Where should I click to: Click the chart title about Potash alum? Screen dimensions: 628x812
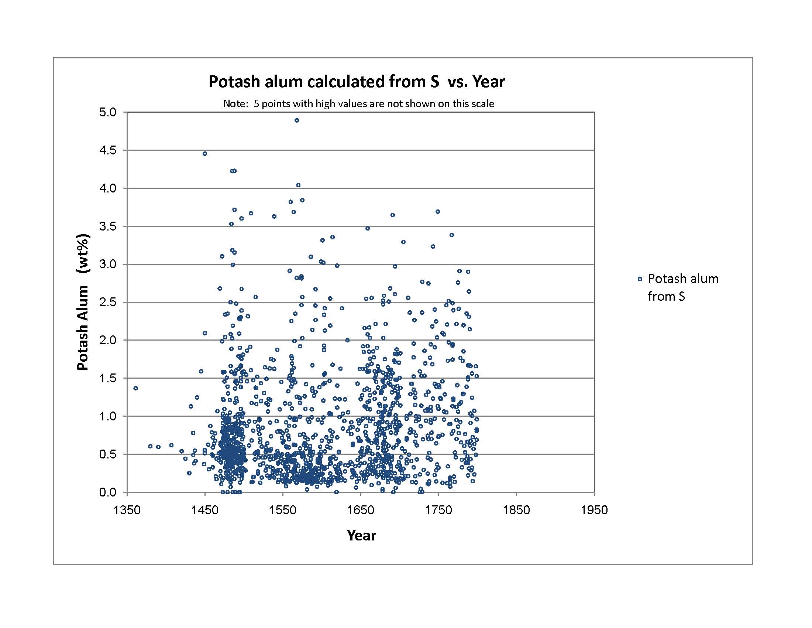357,82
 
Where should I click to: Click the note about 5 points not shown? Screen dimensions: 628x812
358,104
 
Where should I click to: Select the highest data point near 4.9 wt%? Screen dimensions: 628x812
297,120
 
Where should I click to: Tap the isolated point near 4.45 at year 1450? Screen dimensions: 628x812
205,154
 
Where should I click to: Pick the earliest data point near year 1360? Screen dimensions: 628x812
136,388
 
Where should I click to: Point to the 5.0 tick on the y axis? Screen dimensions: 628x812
107,112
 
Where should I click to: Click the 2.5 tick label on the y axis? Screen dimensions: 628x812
107,303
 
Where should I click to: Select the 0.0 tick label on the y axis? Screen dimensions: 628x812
107,492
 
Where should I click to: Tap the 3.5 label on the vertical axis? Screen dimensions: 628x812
107,226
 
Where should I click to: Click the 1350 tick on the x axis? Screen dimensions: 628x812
127,510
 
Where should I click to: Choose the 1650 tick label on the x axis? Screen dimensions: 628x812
361,510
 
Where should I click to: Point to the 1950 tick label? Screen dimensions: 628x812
594,510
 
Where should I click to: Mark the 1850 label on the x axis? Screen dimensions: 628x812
516,510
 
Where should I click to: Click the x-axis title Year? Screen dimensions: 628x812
361,535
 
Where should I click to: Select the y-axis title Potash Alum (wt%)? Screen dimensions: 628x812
83,302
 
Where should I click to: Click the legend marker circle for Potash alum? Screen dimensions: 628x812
640,279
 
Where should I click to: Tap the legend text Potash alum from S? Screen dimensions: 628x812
683,287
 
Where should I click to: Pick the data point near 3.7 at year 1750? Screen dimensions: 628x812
438,212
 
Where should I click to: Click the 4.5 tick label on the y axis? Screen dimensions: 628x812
107,150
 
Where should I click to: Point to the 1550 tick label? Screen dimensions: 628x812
283,510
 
